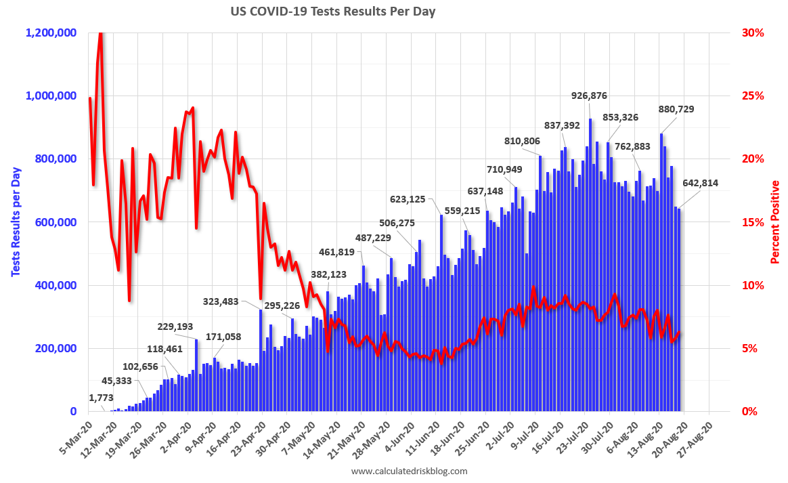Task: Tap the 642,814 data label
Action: pyautogui.click(x=700, y=183)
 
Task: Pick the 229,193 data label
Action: pyautogui.click(x=175, y=327)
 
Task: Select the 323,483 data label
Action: pyautogui.click(x=230, y=301)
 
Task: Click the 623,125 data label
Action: pyautogui.click(x=412, y=199)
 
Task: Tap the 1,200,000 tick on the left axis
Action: pyautogui.click(x=51, y=33)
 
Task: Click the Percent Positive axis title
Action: pyautogui.click(x=776, y=222)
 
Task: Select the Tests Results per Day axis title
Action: pyautogui.click(x=15, y=222)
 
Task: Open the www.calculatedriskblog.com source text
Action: pyautogui.click(x=409, y=471)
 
